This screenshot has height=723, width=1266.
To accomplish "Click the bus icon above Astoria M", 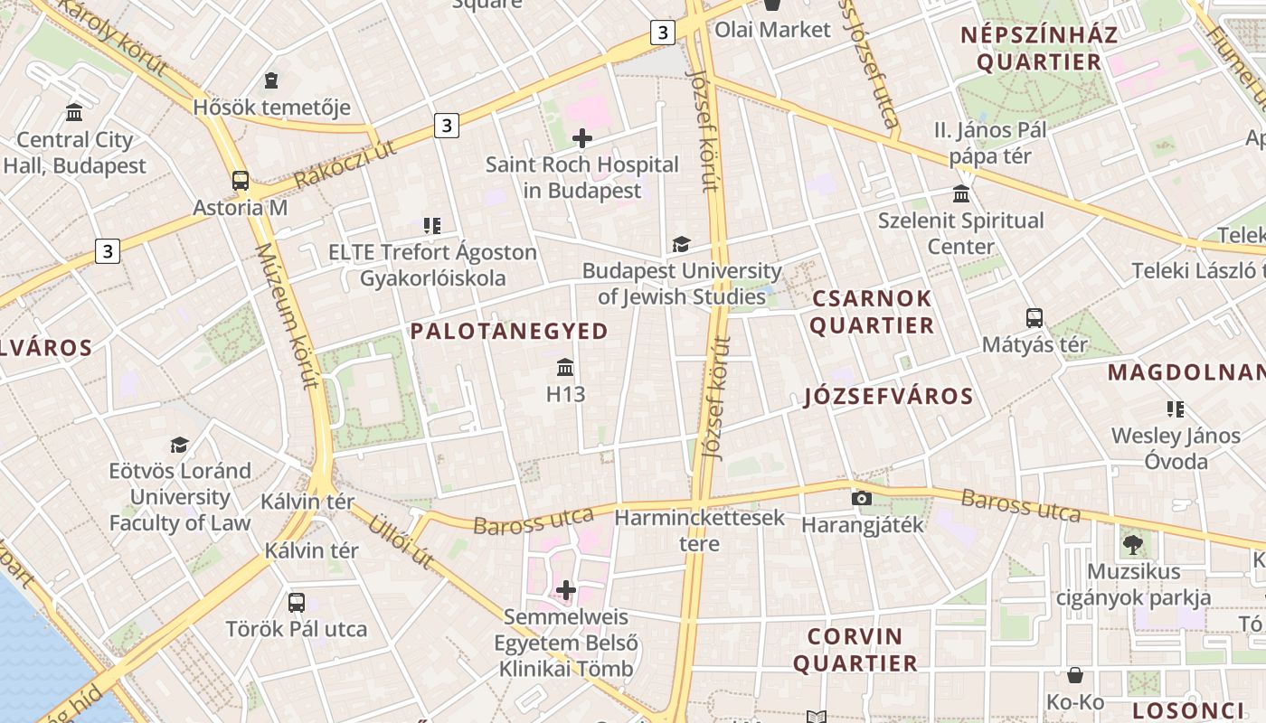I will click(x=241, y=181).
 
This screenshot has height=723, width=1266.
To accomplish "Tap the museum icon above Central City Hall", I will click(x=74, y=113).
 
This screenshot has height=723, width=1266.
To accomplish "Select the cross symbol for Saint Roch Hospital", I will click(x=582, y=138).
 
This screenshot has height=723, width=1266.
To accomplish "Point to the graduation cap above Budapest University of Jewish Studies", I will click(x=681, y=244).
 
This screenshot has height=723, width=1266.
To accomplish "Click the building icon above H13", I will click(x=566, y=367).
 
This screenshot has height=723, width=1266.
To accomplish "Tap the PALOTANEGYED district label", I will click(x=509, y=332).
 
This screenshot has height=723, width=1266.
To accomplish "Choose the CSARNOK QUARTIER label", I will click(x=872, y=312).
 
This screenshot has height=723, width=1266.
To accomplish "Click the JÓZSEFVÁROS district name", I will click(x=888, y=396).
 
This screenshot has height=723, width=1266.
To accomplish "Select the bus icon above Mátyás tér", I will click(x=1035, y=318).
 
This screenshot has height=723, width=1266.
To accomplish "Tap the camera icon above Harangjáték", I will click(x=862, y=498).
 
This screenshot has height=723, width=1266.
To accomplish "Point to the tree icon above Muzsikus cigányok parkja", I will click(x=1132, y=544).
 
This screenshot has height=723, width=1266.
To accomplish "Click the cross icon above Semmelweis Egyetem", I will click(x=566, y=591).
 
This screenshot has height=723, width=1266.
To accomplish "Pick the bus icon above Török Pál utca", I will click(x=296, y=602).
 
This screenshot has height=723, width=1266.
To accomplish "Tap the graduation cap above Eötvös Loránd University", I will click(x=180, y=445).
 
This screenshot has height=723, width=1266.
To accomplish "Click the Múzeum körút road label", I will click(x=287, y=316).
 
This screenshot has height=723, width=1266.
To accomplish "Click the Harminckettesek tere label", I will click(x=699, y=531).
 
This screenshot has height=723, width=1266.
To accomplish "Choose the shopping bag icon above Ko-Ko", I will click(x=1075, y=675).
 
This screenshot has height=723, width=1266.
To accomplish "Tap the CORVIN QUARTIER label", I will click(x=855, y=650).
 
